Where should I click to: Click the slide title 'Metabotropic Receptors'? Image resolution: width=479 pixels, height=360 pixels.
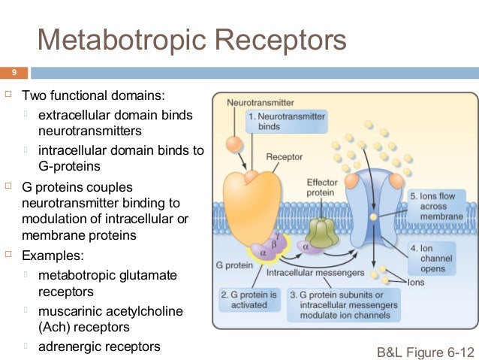192,40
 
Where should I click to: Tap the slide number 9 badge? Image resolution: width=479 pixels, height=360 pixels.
13,73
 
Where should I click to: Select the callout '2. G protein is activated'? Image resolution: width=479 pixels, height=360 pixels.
248,299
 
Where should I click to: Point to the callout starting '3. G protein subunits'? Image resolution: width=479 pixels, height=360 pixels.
342,304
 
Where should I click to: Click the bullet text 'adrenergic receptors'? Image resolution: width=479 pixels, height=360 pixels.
99,346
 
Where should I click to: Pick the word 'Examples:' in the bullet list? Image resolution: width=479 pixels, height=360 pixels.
50,256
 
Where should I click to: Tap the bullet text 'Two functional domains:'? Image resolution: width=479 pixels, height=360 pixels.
94,96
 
